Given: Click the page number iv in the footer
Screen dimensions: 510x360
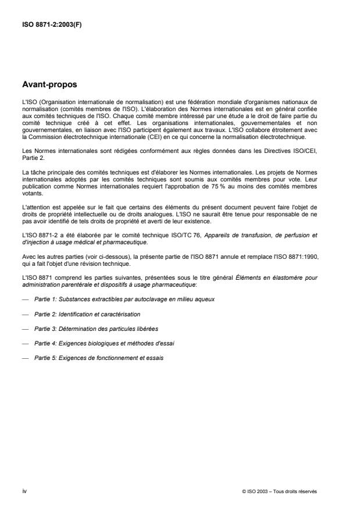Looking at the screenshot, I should [x=23, y=491].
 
